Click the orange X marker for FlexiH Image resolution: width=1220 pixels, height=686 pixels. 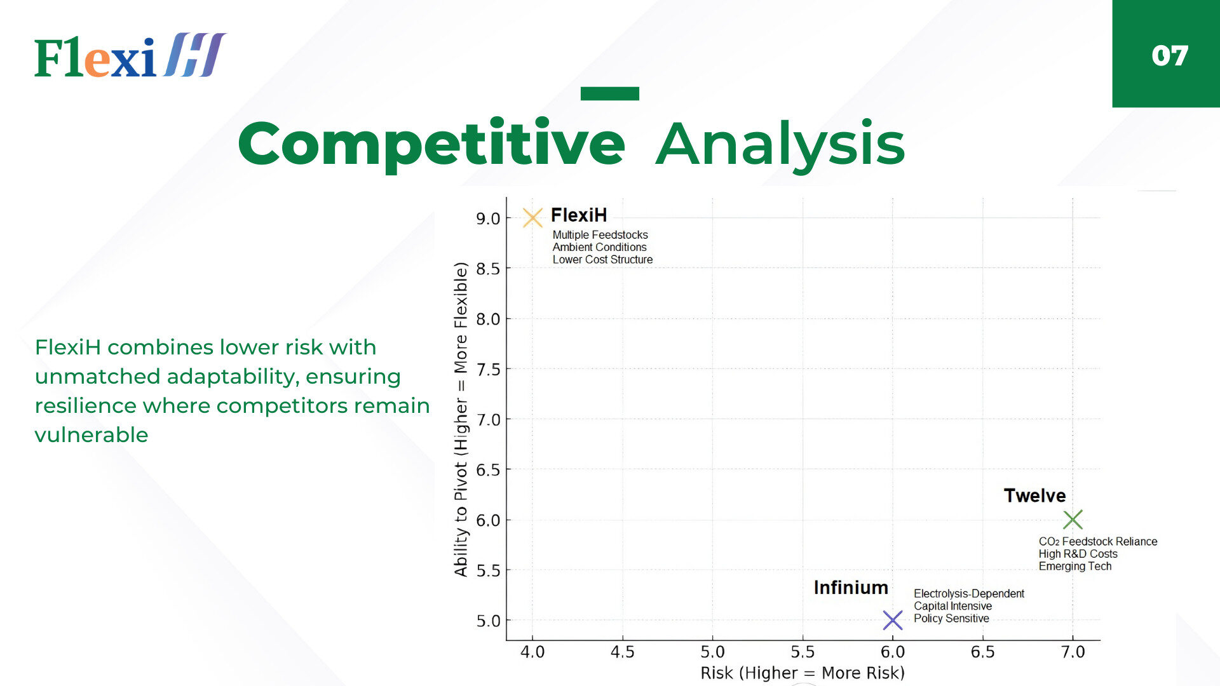[x=532, y=218]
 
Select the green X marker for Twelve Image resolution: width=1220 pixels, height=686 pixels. [x=1073, y=520]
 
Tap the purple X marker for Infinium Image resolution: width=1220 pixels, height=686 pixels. [x=893, y=620]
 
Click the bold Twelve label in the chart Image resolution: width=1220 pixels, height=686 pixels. [x=1034, y=495]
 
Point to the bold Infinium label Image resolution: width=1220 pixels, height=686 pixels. [x=851, y=588]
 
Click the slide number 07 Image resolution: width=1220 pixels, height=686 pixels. [x=1169, y=56]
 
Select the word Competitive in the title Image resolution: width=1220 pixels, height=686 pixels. [x=431, y=145]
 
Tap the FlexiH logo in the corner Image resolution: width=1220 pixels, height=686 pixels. [x=130, y=55]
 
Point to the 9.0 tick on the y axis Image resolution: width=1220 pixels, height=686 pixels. [x=488, y=219]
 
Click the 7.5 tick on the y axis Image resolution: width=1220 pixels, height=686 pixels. [x=488, y=369]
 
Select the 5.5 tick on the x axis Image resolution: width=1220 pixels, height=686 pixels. [x=803, y=652]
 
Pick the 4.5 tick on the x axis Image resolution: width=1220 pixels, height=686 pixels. [x=622, y=652]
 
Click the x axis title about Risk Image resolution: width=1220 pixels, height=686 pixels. [x=803, y=673]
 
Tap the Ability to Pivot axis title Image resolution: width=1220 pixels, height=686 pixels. [x=461, y=419]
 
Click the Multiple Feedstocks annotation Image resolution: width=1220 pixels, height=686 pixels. [x=600, y=235]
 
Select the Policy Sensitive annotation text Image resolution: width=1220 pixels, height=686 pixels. [x=951, y=618]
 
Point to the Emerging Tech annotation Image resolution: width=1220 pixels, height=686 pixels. [x=1075, y=566]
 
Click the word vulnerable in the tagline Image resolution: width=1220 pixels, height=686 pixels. [x=91, y=435]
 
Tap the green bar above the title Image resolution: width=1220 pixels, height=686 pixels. [x=610, y=93]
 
